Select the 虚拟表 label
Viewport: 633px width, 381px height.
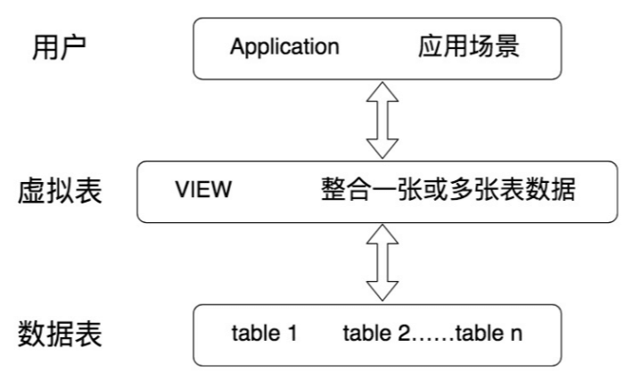[x=61, y=192]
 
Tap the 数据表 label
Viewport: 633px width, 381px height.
[x=61, y=335]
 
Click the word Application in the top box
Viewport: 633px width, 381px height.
[x=284, y=47]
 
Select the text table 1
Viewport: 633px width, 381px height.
[x=263, y=335]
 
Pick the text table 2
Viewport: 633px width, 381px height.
[x=376, y=335]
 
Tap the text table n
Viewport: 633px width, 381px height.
[x=489, y=335]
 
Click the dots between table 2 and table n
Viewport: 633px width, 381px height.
[x=432, y=337]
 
